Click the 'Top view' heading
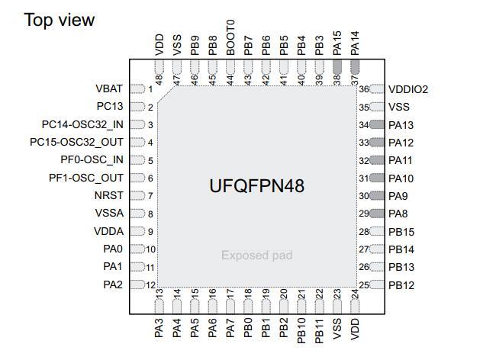coord(60,20)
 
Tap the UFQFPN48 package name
coord(257,185)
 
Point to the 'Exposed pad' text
coord(257,255)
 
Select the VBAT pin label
coord(109,88)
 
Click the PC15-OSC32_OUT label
coord(76,142)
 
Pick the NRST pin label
coord(109,195)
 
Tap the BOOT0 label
coord(230,37)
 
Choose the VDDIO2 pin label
coord(408,89)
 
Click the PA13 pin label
coord(401,125)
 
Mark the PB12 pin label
coord(401,285)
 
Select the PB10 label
coord(301,330)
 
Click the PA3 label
coord(159,328)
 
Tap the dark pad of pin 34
coord(377,124)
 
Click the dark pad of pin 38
coord(337,67)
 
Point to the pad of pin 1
coord(137,88)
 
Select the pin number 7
coord(150,196)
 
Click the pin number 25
coord(364,285)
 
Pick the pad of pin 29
coord(377,214)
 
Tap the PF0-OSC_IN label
coord(92,160)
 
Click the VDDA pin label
coord(109,231)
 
